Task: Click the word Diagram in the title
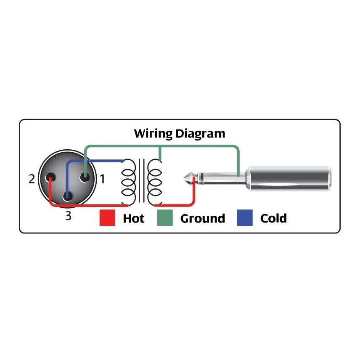coord(200,134)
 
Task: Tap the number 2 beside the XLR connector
coord(32,179)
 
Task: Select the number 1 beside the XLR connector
coord(102,179)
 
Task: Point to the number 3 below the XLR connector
coord(68,217)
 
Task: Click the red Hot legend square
coord(107,218)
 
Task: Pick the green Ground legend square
coord(164,218)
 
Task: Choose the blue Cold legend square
coord(245,218)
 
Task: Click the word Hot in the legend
coord(133,219)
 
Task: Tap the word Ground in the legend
coord(202,219)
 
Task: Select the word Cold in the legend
coord(273,219)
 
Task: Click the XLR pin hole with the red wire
coord(50,178)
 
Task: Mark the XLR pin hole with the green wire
coord(85,177)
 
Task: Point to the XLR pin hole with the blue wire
coord(67,196)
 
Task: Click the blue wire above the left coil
coord(101,161)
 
